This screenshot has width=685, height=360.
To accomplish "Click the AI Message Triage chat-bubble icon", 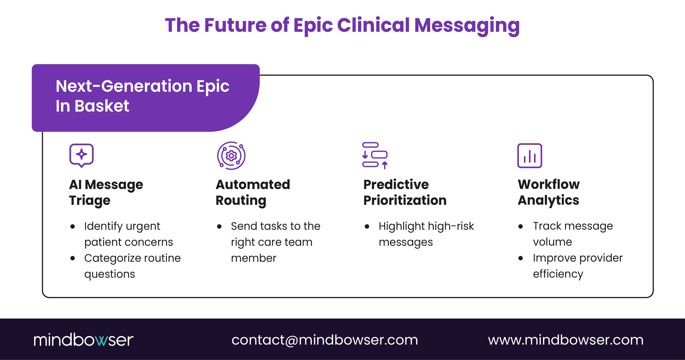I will coord(81,155).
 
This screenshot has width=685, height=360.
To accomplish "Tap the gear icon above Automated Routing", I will coord(231,156).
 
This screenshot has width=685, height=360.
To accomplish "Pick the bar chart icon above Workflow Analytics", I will coord(529,156).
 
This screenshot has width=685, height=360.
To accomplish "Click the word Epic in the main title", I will coord(313,26).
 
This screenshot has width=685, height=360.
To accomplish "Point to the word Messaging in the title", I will coord(467,26).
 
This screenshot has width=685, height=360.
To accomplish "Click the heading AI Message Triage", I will coord(106,192).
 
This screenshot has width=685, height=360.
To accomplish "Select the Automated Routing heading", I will coord(252,192).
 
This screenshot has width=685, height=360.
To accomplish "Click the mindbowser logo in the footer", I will coord(83,340).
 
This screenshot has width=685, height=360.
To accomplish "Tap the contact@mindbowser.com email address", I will coord(324,340).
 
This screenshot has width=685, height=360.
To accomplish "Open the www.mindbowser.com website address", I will coord(566,340).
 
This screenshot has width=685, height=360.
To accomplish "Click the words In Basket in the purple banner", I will coord(92,106).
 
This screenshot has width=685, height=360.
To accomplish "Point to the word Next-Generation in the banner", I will coord(124,86).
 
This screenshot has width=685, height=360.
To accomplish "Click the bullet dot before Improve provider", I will coord(520,258).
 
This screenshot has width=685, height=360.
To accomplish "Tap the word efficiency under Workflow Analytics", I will coord(558,274).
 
